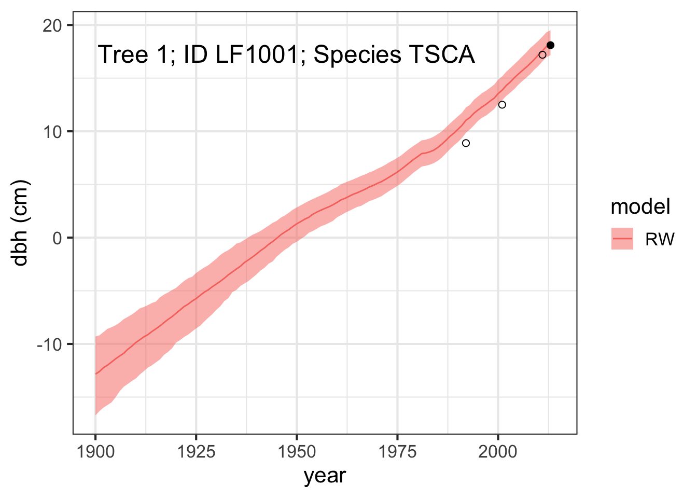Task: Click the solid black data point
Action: pyautogui.click(x=550, y=46)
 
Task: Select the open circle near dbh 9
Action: pyautogui.click(x=466, y=143)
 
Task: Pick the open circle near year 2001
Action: pyautogui.click(x=502, y=105)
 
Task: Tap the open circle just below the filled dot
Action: pyautogui.click(x=542, y=55)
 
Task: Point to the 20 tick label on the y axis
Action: pyautogui.click(x=52, y=26)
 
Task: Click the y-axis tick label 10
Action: pyautogui.click(x=52, y=132)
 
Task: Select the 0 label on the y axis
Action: pyautogui.click(x=58, y=239)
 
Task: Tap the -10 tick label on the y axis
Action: pyautogui.click(x=50, y=345)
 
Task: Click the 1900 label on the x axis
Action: pyautogui.click(x=95, y=452)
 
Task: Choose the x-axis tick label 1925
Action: pyautogui.click(x=196, y=452)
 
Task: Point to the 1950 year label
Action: pyautogui.click(x=297, y=452)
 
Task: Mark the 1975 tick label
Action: pyautogui.click(x=397, y=452)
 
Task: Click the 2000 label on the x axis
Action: pyautogui.click(x=498, y=452)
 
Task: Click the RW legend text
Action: pyautogui.click(x=660, y=239)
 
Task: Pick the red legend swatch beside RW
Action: pyautogui.click(x=622, y=239)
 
